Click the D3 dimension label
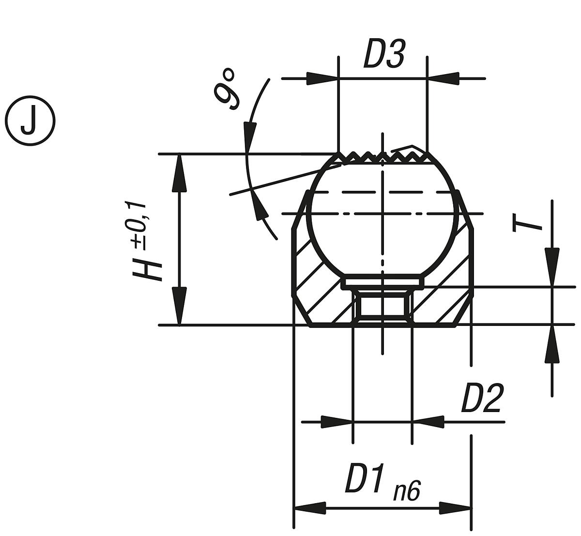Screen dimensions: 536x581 (383, 54)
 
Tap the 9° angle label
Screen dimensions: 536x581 (227, 90)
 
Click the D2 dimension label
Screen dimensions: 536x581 (481, 398)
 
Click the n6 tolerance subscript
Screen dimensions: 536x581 (406, 491)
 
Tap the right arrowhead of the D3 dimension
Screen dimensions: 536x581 (443, 78)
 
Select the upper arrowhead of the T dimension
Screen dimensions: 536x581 (552, 266)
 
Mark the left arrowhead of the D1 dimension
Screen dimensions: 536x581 (310, 508)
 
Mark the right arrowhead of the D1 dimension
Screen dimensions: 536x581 (455, 508)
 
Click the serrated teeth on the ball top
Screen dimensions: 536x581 (382, 157)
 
